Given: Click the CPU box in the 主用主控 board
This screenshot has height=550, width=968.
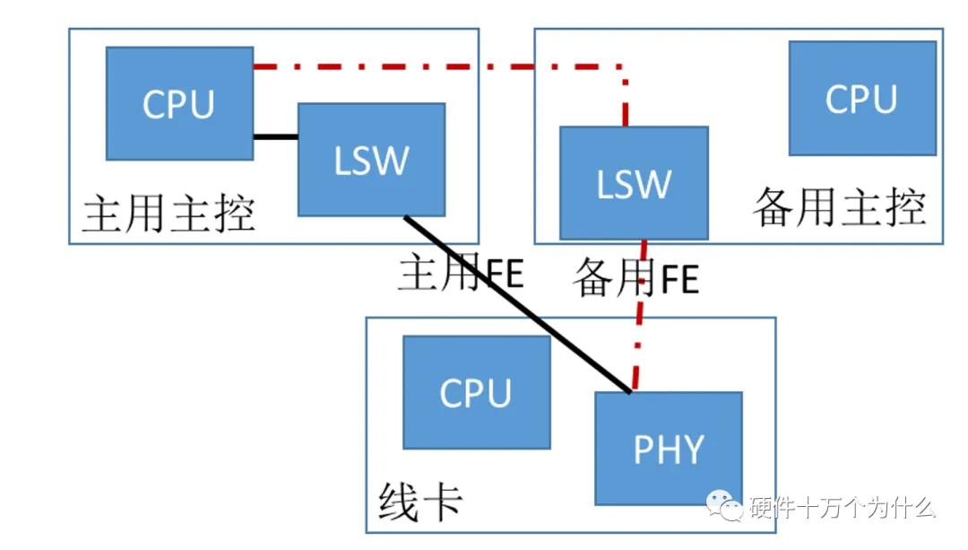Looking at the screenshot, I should click(179, 103).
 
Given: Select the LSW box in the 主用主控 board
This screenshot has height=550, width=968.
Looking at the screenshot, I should click(371, 159).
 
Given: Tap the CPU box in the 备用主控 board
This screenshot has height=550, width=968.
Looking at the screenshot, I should click(861, 98).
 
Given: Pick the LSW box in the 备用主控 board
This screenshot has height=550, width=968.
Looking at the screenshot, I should click(634, 183).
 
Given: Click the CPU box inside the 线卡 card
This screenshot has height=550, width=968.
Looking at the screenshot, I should click(476, 392).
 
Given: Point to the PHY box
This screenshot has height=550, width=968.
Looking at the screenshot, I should click(669, 448).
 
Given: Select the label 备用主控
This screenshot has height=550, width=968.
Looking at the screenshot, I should click(838, 209).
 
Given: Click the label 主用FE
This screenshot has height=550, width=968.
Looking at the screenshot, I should click(460, 274).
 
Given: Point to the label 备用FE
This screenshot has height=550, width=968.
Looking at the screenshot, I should click(635, 279).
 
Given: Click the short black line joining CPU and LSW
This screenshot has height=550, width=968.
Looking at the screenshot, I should click(274, 137).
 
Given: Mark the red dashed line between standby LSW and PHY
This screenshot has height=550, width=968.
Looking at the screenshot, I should click(639, 323).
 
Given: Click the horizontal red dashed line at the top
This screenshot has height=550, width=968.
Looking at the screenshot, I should click(439, 65).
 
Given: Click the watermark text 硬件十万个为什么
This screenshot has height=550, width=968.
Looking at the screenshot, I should click(843, 508).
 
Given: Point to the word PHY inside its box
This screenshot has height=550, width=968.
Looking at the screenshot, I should click(669, 448).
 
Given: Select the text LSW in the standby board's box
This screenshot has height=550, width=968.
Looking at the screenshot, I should click(634, 183).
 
